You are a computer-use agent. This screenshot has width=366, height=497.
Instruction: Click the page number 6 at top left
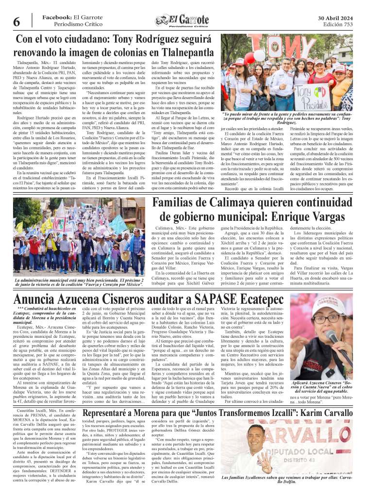16,22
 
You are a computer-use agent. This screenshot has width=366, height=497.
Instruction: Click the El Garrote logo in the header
183,20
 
